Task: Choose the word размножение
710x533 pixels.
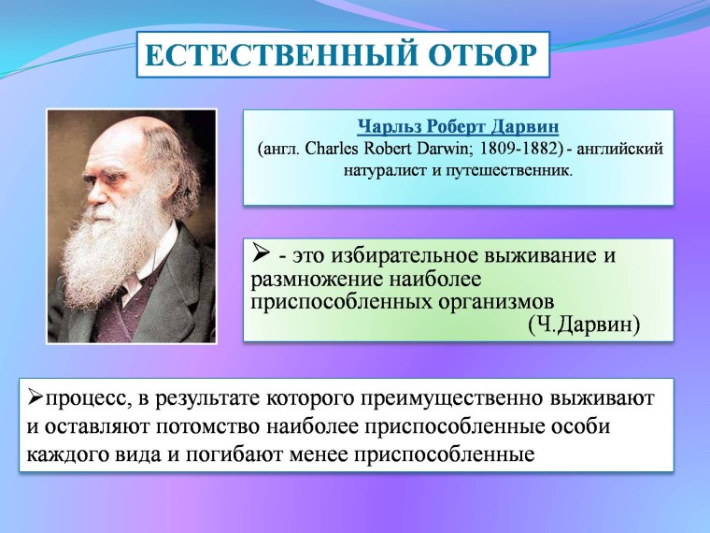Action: point(309,279)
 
